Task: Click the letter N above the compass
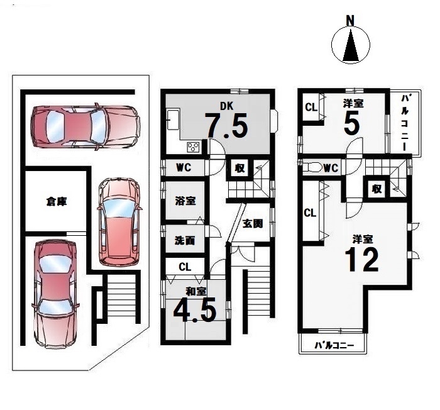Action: pos(350,21)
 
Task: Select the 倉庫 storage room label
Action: pos(57,201)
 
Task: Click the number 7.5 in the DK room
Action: pos(226,125)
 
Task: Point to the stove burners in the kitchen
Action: pos(193,147)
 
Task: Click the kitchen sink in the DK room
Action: pos(173,119)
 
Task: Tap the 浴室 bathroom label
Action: pos(185,201)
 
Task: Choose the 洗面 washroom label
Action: pos(185,240)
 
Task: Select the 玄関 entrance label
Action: pos(253,223)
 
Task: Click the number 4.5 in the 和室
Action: pos(195,311)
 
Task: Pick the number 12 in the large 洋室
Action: pos(361,260)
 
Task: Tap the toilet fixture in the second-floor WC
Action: pos(312,168)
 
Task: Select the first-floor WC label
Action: pos(184,168)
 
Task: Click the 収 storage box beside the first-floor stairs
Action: pos(239,168)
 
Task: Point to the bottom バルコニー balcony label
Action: pos(334,345)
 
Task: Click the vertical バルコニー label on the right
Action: pos(405,123)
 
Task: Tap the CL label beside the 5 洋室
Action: pos(311,107)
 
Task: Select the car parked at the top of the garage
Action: pos(85,126)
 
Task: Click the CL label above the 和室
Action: pos(185,267)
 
